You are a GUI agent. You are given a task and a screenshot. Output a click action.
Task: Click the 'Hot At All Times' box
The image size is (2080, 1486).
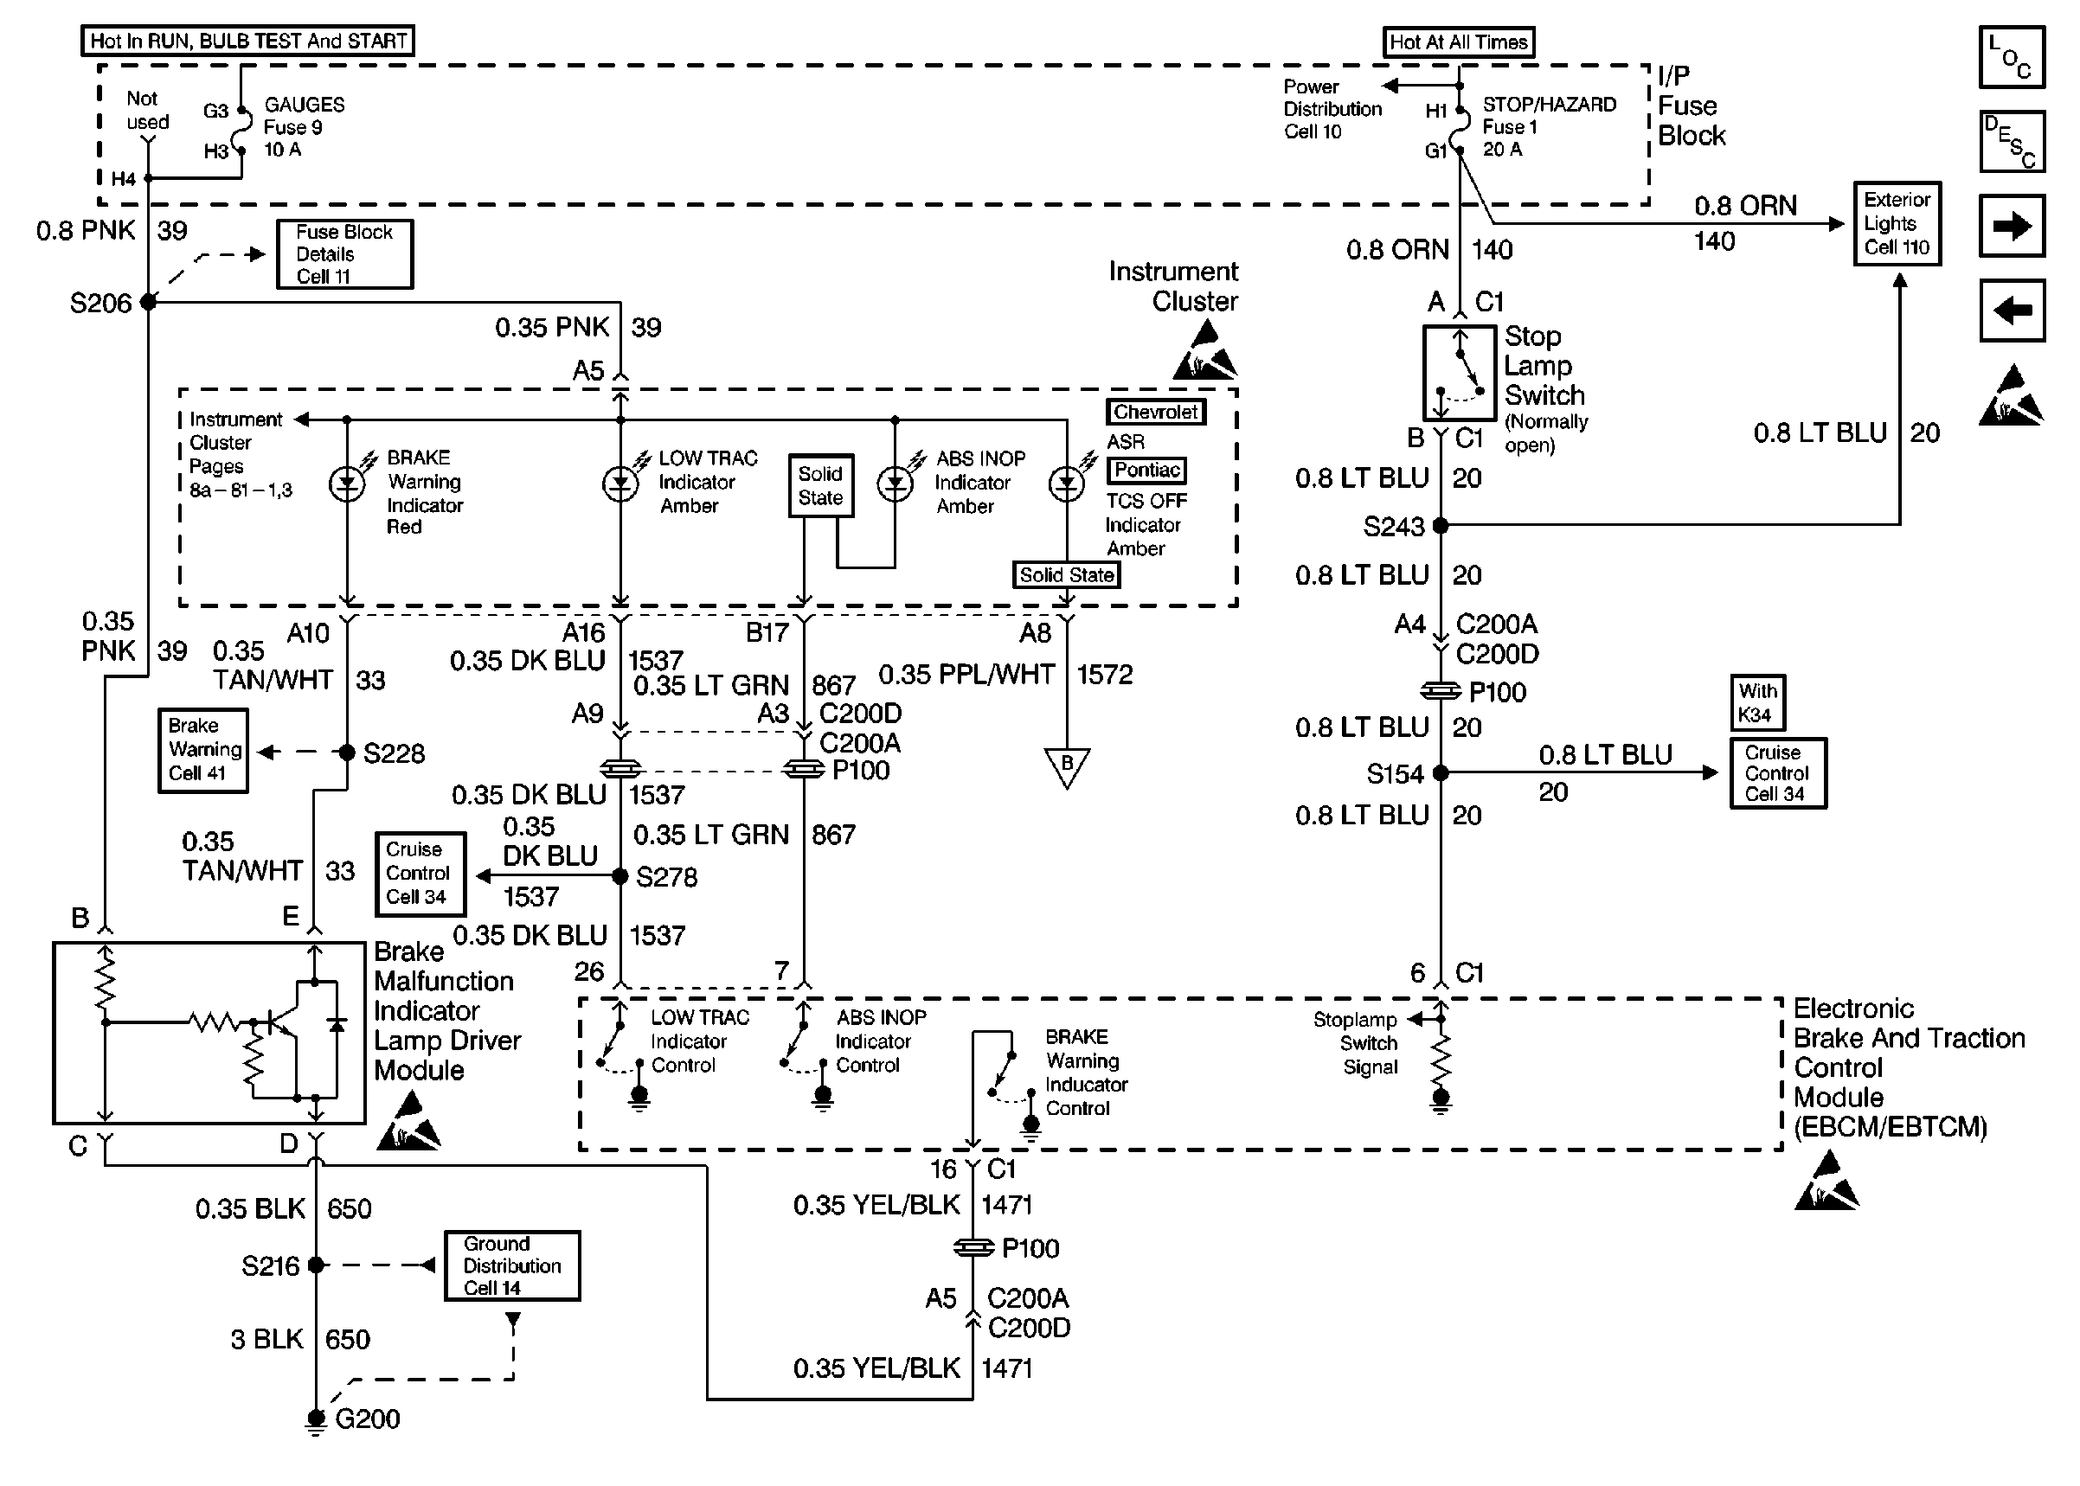click(x=1459, y=42)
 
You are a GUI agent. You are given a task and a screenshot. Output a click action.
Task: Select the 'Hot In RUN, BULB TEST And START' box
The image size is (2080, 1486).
click(x=248, y=42)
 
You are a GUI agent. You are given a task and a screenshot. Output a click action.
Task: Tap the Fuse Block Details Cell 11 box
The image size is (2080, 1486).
click(x=345, y=254)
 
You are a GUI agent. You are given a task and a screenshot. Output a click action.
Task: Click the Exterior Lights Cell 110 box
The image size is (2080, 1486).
click(x=1897, y=223)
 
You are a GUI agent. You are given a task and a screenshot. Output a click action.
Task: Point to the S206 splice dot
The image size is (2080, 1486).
click(x=148, y=302)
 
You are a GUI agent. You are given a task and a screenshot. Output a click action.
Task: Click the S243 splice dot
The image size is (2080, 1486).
click(x=1441, y=525)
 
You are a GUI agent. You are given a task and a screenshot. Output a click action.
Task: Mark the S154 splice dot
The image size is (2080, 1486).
click(x=1441, y=772)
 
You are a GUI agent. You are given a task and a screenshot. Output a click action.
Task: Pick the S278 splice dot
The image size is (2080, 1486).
click(x=620, y=876)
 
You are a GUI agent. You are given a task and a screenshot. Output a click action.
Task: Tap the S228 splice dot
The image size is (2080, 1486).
click(x=347, y=753)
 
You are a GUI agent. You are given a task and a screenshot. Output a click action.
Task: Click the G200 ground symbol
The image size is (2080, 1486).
click(x=316, y=1420)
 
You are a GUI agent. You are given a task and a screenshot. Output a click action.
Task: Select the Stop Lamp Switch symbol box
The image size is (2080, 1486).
click(x=1460, y=373)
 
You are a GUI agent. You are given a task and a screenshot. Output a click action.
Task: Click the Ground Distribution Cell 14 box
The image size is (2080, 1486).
click(x=512, y=1265)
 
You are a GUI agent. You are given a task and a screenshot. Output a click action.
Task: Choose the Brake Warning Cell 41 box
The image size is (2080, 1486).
click(x=203, y=750)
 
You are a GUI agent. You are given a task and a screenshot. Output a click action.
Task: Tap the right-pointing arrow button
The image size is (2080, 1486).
click(x=2013, y=226)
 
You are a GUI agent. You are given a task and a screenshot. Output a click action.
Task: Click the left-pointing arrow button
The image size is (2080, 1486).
click(x=2013, y=311)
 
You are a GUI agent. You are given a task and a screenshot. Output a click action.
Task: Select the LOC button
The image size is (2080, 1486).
click(x=2013, y=57)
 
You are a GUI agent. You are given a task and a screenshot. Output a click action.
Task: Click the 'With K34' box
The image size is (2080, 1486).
click(x=1757, y=702)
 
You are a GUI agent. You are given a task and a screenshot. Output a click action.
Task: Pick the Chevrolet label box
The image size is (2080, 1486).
click(x=1156, y=413)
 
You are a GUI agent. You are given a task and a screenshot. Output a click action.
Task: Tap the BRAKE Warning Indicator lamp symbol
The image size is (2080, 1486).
click(x=348, y=484)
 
